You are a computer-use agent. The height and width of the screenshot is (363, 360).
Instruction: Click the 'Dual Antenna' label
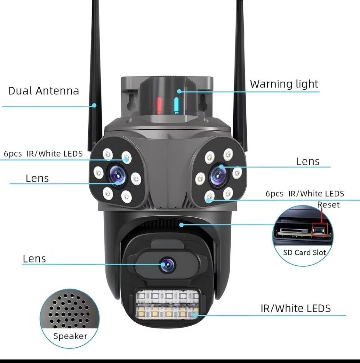tap(44, 91)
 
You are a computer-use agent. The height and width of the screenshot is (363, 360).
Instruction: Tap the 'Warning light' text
tap(284, 84)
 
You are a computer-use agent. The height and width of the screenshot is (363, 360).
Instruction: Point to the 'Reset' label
tap(328, 205)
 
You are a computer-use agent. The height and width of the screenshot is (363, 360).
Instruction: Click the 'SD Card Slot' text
tap(304, 252)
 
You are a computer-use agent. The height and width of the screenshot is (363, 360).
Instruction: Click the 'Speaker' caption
tap(70, 336)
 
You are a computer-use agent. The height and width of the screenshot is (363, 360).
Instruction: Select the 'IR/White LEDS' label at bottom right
tap(295, 308)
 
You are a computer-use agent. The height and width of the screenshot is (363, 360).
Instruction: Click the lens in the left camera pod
tap(117, 175)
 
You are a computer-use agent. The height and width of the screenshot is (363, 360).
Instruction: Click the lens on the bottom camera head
tap(168, 265)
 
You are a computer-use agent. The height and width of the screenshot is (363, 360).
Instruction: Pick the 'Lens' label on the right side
tap(308, 161)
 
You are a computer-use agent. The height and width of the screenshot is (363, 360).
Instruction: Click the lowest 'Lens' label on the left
tap(34, 258)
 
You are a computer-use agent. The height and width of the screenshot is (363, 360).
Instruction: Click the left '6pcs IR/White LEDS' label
tap(43, 154)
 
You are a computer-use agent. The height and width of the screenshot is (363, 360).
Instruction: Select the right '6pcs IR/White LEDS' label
tap(305, 194)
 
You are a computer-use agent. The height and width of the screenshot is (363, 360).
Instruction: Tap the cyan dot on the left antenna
tap(94, 105)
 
